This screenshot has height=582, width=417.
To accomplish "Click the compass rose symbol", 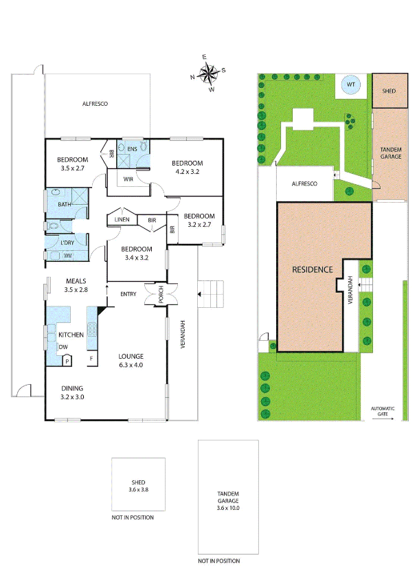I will [207, 71].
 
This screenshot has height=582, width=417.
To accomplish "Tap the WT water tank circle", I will [351, 85].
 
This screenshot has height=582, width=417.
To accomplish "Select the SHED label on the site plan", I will [388, 91].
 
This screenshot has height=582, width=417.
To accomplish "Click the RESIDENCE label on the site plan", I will [312, 269].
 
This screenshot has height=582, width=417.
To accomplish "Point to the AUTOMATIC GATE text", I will [383, 411].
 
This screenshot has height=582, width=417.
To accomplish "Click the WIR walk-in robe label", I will [128, 179].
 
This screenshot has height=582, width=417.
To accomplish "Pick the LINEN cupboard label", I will [123, 219].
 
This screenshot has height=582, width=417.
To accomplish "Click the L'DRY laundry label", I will [67, 243].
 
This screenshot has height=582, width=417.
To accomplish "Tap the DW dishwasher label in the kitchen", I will [63, 347].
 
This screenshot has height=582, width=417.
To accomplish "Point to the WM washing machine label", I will [67, 256].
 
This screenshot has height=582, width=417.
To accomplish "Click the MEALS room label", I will [76, 281].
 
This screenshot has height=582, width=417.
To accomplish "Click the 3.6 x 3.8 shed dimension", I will [139, 490].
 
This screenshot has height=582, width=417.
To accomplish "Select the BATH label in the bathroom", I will [64, 204].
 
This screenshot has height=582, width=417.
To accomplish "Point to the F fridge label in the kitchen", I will [91, 359].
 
